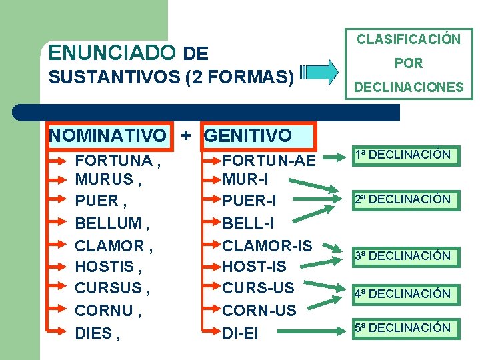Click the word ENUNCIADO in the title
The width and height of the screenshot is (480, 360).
pos(112,53)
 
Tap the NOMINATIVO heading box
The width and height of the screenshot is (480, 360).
pos(108,136)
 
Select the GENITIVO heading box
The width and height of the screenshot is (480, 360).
pos(248,136)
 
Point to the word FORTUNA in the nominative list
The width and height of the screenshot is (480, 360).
pos(113,161)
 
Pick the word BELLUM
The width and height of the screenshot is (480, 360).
pos(108,223)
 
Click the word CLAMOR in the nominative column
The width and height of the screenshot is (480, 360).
pos(110,245)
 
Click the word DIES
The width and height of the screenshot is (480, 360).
pos(93,333)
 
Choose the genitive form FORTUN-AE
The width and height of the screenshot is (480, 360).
pos(269,161)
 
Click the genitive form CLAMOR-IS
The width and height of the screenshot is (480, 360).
pos(267,245)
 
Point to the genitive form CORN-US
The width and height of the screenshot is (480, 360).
pos(259,311)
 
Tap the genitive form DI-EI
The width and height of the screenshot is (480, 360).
pos(240,333)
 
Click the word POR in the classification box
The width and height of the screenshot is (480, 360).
pos(408,63)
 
